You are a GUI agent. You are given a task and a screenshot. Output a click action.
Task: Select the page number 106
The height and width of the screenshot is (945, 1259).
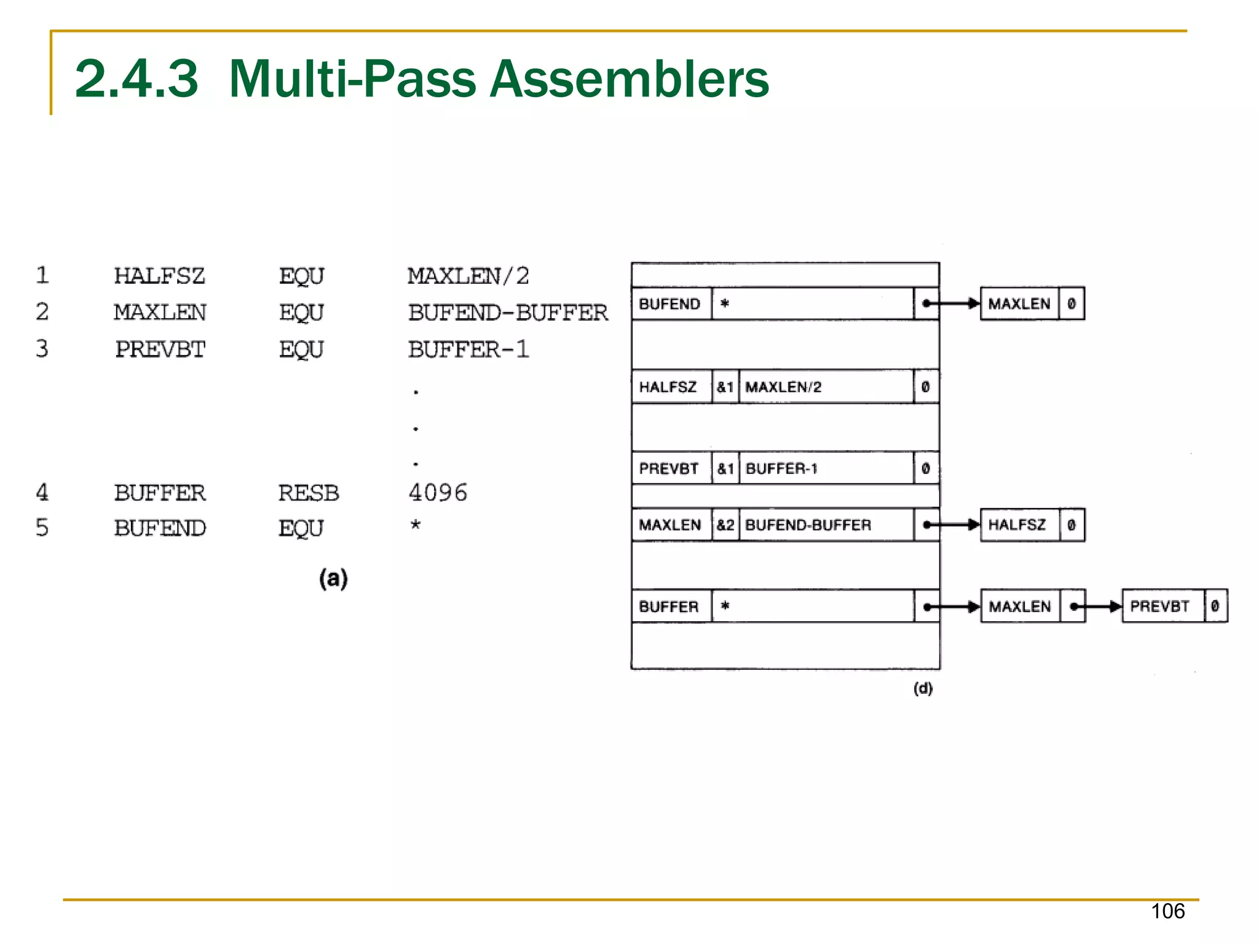1167,911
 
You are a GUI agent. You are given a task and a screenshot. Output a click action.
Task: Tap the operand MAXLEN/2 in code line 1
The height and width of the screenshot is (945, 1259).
468,276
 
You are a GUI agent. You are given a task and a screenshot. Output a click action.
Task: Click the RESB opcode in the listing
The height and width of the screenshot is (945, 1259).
308,493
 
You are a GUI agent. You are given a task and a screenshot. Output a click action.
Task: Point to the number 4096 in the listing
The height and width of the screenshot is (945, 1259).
438,492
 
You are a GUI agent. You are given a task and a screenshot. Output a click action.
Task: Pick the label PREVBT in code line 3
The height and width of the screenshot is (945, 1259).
160,349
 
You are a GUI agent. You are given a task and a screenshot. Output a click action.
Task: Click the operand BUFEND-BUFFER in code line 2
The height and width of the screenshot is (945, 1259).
508,312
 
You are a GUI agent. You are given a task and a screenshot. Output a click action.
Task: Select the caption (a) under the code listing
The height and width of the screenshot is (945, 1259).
333,578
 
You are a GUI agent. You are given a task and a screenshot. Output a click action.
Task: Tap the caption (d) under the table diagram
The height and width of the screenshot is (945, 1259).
923,688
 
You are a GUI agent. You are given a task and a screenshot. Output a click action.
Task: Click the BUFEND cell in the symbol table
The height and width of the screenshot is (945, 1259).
669,304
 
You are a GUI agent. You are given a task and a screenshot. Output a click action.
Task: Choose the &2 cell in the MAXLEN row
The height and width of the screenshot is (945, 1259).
725,525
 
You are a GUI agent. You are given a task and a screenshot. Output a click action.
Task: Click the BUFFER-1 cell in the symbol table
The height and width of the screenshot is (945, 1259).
782,469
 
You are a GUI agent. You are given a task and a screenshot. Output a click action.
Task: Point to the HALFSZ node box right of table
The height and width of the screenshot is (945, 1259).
1017,525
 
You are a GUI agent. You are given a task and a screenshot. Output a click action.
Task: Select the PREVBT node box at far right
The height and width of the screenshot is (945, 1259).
1160,606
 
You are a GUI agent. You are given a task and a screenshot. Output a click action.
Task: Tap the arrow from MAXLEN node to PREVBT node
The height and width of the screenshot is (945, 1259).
1098,606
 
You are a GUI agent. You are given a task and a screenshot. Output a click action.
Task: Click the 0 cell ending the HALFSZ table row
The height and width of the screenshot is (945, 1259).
925,387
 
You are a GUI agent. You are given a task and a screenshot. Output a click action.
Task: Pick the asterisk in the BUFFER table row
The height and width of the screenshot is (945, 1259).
725,606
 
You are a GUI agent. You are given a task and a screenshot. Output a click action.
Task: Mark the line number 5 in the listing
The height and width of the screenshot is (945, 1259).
42,528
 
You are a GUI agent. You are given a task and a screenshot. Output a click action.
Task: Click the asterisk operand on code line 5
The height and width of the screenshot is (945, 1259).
416,525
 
